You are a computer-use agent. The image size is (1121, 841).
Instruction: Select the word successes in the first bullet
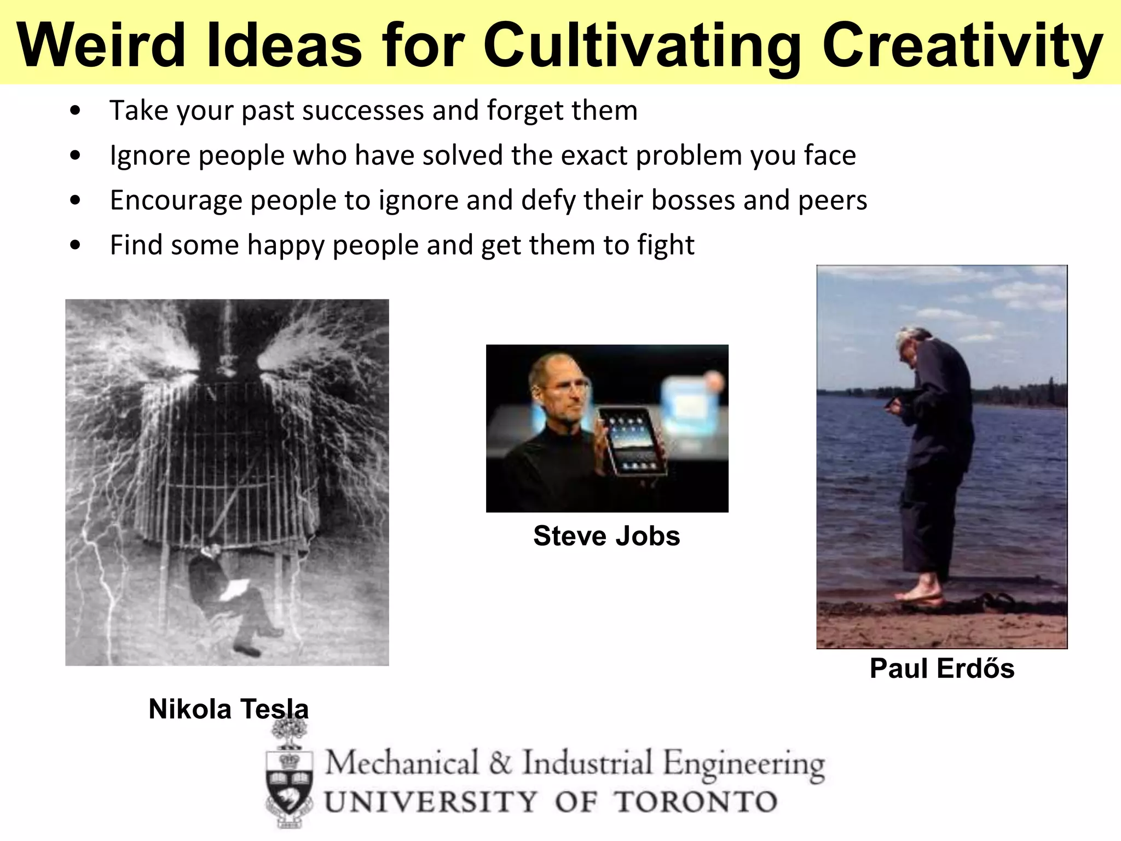click(363, 111)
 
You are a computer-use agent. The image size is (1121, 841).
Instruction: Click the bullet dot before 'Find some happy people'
click(76, 245)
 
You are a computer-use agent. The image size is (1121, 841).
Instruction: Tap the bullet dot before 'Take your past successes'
click(76, 111)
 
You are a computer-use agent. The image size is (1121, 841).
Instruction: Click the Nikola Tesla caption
click(229, 709)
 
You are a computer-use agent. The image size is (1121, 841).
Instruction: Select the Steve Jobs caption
click(606, 535)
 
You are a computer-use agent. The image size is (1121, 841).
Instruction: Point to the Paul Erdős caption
click(942, 669)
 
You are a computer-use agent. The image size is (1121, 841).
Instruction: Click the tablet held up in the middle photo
click(632, 441)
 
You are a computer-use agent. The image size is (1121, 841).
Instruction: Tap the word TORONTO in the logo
click(695, 802)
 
